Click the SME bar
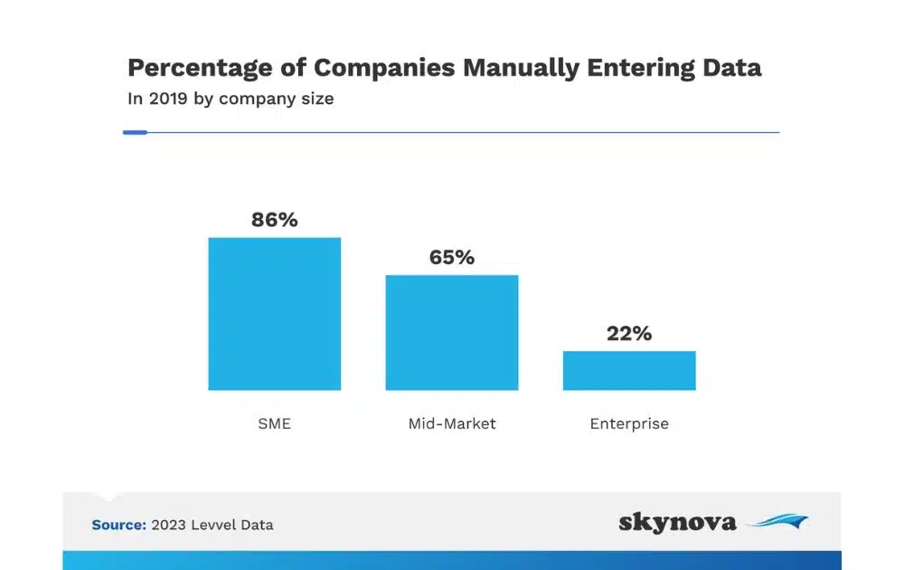click(x=274, y=314)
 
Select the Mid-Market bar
click(x=452, y=332)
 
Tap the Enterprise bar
click(x=629, y=370)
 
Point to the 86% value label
click(x=275, y=220)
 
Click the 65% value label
click(x=452, y=258)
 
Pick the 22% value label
click(x=629, y=334)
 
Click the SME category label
click(x=275, y=423)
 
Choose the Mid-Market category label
click(x=452, y=423)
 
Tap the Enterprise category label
click(x=629, y=423)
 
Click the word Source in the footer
click(x=118, y=525)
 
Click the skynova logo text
click(x=677, y=522)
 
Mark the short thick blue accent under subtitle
click(x=135, y=132)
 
